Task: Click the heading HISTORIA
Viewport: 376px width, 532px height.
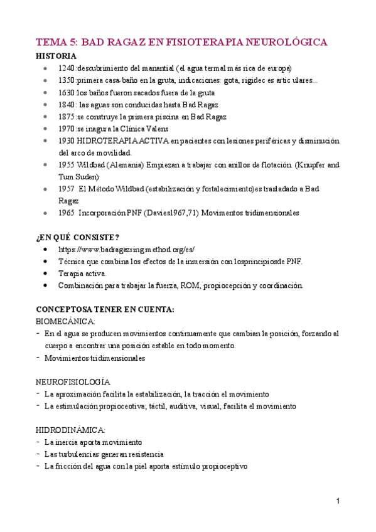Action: [56, 56]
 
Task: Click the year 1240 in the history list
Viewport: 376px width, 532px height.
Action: [67, 68]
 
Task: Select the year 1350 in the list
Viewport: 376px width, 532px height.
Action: [67, 80]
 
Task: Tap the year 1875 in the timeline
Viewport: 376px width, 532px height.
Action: [67, 117]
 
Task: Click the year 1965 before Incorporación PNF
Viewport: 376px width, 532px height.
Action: [67, 213]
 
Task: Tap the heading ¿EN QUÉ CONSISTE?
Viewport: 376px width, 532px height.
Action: [78, 237]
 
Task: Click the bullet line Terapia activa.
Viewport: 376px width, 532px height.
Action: [82, 274]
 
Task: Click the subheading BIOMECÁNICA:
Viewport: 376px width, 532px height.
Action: [61, 321]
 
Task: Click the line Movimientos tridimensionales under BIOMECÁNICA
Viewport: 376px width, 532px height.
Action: [95, 358]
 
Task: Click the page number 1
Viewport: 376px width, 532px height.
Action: [338, 501]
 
